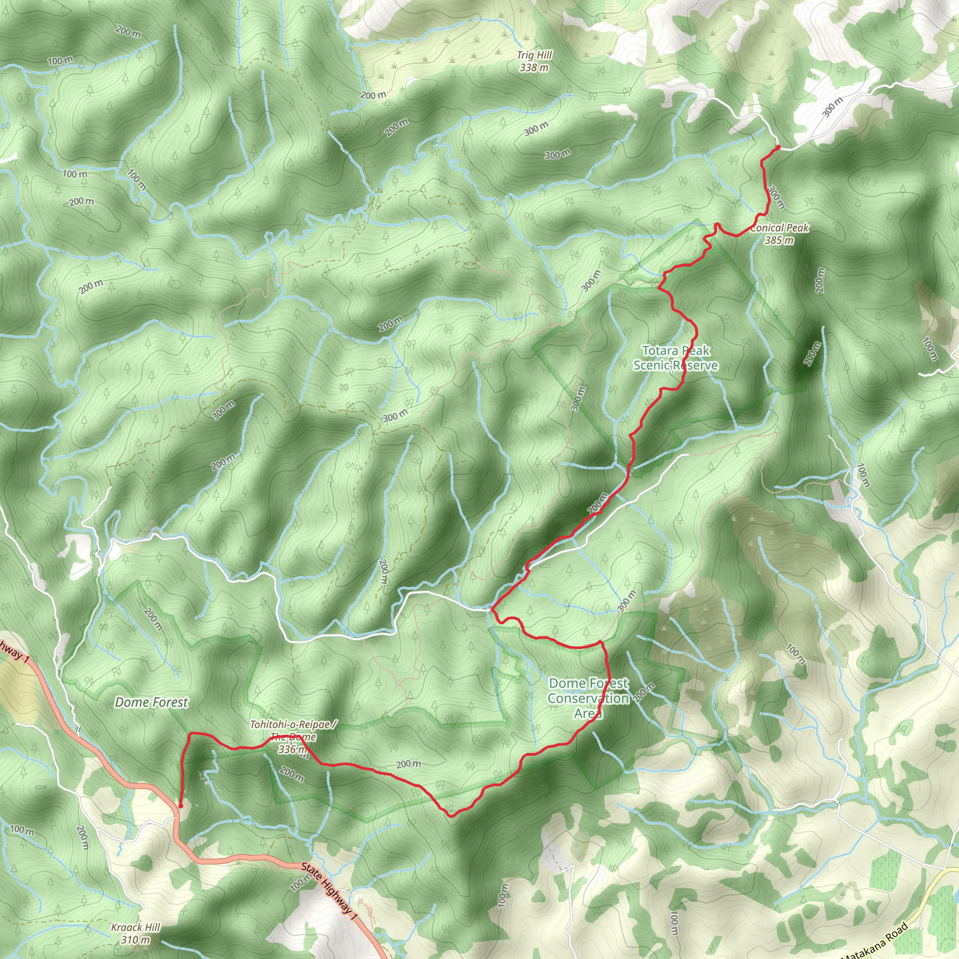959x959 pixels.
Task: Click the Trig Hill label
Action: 534,55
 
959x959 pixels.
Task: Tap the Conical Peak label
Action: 780,229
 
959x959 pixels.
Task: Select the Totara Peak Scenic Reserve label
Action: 676,358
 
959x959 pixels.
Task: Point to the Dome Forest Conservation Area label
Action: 588,698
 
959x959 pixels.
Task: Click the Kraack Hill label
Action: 135,927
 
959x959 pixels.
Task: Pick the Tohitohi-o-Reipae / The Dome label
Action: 293,730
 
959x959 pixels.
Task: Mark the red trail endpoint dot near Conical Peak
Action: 778,148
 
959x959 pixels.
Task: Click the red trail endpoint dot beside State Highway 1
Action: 181,806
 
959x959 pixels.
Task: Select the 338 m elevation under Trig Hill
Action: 534,67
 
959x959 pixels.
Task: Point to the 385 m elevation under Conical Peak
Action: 779,241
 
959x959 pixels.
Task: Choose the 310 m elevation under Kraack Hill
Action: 135,940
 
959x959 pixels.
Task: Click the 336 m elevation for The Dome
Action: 293,750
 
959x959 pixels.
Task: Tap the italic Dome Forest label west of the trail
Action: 151,702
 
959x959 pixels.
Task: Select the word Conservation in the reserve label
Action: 588,698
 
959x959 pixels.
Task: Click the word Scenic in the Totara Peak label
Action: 651,365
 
